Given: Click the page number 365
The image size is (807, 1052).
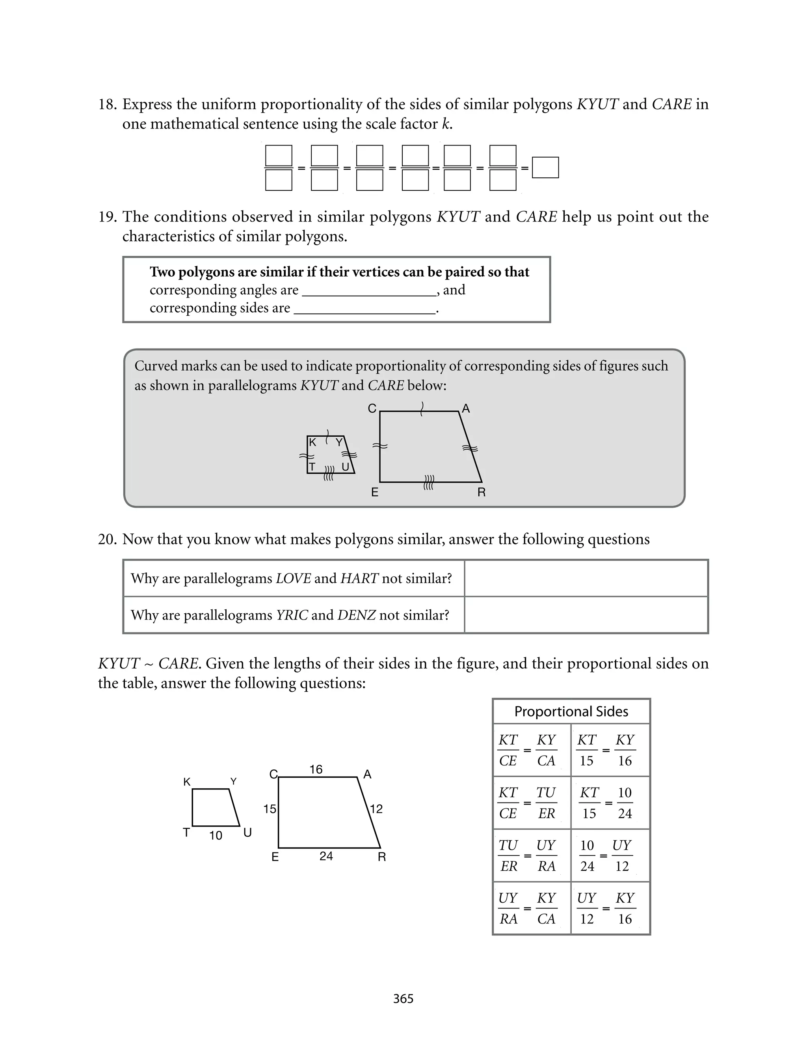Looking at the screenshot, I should click(403, 999).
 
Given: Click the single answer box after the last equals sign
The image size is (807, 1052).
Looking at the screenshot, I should click(545, 168).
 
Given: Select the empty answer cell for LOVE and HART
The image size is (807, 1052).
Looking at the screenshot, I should click(586, 578).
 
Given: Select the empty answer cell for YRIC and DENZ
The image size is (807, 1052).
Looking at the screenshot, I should click(586, 615).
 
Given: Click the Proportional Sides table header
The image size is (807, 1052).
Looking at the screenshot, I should click(571, 711).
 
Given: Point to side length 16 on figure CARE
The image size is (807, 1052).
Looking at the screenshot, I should click(316, 769).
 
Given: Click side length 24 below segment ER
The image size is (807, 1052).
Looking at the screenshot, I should click(326, 856).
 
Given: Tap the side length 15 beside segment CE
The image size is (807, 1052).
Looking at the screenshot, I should click(270, 809).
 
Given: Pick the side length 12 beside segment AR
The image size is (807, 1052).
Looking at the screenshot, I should click(376, 809).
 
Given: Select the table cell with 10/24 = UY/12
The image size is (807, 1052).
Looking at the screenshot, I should click(610, 856).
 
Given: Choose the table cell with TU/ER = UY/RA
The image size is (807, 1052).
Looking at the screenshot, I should click(532, 856).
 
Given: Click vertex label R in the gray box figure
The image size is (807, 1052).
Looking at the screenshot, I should click(481, 492).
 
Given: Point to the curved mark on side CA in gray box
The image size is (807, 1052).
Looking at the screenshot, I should click(422, 409).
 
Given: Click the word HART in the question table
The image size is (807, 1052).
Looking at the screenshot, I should click(359, 578).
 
